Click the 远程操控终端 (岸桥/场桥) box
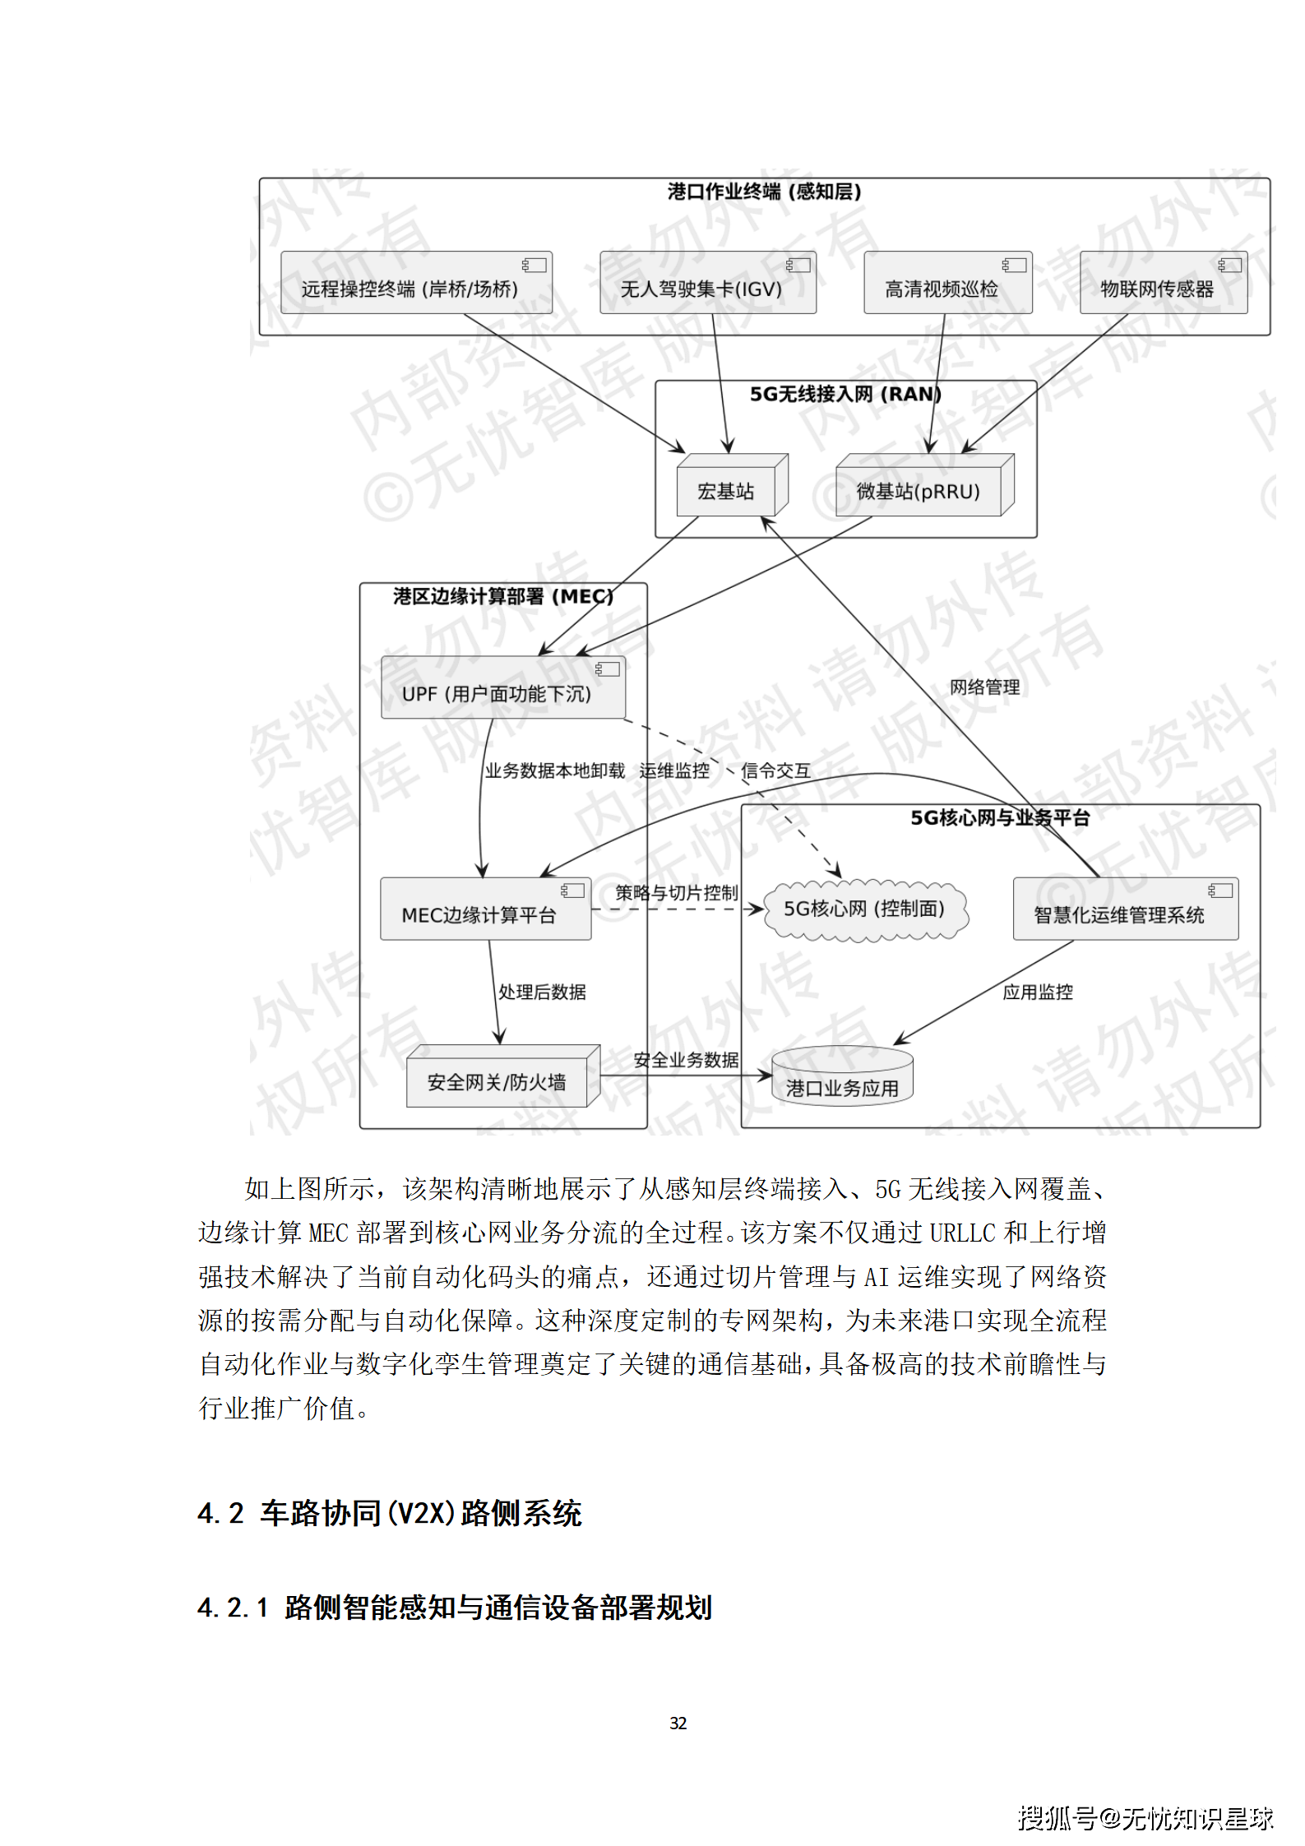point(416,283)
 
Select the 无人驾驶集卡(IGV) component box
point(707,283)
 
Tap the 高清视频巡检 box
point(947,283)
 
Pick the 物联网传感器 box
point(1163,283)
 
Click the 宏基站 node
point(726,490)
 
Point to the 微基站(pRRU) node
point(919,490)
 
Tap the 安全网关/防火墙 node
point(498,1080)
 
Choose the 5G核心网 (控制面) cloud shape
point(864,909)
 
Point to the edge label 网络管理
point(984,687)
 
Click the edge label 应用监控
point(1037,992)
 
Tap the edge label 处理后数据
point(542,992)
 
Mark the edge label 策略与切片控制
point(677,893)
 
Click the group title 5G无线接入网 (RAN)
point(845,394)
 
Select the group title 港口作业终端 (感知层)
point(764,192)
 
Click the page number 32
point(678,1717)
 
